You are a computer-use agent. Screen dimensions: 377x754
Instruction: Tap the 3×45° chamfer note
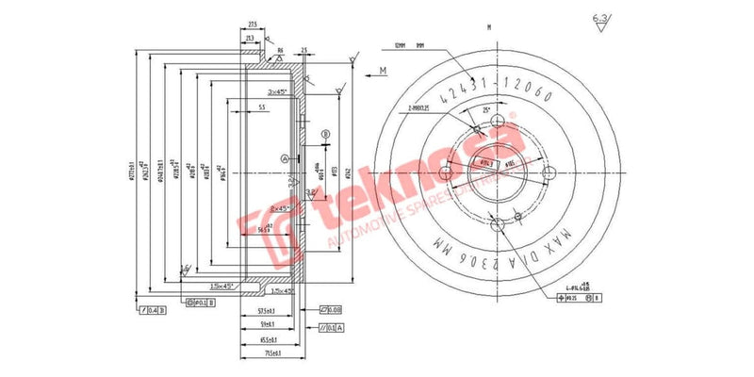pyautogui.click(x=278, y=91)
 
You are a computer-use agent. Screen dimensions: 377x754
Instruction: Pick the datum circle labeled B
pyautogui.click(x=326, y=135)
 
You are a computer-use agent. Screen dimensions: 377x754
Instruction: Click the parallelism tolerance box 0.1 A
pyautogui.click(x=333, y=327)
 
